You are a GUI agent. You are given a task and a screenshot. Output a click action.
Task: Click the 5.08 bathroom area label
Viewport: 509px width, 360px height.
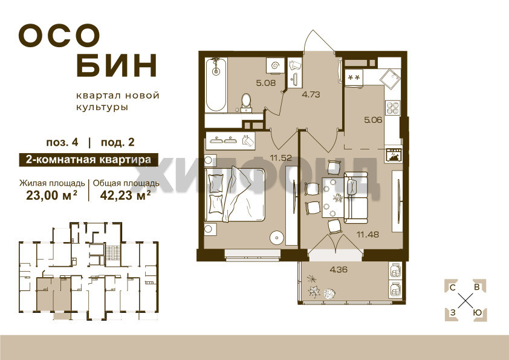266,83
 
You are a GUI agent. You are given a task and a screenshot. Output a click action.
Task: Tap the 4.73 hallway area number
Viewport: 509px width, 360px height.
311,94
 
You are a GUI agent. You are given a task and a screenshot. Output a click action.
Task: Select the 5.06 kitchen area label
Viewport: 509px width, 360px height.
373,120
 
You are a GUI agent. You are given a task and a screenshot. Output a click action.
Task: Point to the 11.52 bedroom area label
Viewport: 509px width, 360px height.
280,158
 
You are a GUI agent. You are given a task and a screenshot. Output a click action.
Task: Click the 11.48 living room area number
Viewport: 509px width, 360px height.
368,234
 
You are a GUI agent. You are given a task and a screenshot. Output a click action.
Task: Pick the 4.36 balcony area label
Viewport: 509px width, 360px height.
339,269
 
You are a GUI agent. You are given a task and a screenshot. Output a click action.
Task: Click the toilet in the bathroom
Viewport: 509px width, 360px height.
246,102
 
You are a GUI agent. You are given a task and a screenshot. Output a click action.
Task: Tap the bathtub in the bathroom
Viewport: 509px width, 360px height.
216,85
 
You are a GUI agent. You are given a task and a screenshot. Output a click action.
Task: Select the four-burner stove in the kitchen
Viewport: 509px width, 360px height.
392,108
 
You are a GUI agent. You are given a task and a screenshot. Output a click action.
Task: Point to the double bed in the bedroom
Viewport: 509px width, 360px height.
235,194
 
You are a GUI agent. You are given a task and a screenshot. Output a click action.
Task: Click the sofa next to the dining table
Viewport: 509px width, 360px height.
356,198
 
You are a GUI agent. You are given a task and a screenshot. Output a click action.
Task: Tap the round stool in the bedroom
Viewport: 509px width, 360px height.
277,238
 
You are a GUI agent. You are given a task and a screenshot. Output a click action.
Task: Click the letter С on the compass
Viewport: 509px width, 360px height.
452,287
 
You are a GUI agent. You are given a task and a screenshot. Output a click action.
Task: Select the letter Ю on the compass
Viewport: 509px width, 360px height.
477,313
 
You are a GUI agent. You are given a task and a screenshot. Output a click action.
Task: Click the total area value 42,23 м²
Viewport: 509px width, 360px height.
125,195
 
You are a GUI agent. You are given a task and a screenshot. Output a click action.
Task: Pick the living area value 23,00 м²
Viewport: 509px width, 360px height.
51,195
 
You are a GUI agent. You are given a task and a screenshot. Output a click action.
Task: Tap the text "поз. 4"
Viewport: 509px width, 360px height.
62,142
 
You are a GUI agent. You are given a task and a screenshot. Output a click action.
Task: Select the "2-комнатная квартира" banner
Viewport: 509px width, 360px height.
89,160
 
